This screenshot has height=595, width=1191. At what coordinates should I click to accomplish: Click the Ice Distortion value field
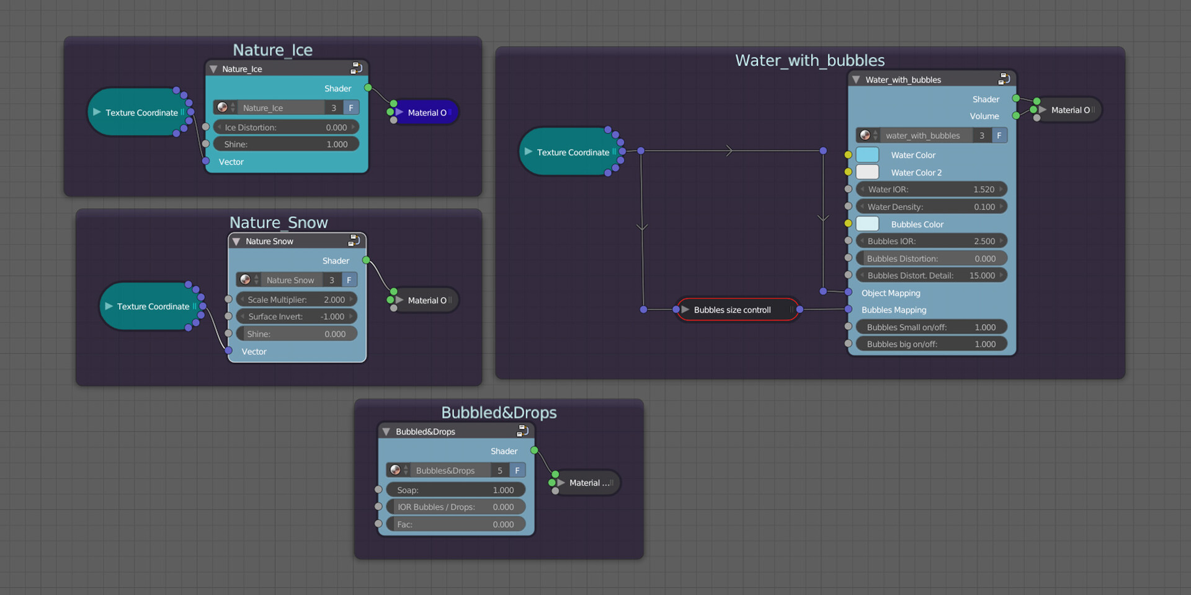pos(285,127)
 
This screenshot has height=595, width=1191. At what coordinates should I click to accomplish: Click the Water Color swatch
pos(867,155)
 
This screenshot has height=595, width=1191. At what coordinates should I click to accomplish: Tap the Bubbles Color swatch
pos(867,224)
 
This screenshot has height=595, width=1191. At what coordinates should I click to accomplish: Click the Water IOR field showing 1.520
pos(930,190)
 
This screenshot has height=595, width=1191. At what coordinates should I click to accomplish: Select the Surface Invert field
pos(297,317)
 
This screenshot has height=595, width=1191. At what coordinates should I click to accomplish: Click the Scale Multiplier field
pos(297,299)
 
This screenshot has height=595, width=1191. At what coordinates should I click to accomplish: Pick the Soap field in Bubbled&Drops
pos(455,490)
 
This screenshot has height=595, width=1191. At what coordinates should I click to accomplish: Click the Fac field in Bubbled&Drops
pos(455,524)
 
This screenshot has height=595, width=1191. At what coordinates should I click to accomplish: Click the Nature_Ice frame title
pos(272,50)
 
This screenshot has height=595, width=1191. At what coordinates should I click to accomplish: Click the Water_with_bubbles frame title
pos(810,61)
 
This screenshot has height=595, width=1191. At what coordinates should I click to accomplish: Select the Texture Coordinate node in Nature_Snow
pos(149,306)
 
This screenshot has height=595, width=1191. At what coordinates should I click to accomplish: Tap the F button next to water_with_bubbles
pos(999,136)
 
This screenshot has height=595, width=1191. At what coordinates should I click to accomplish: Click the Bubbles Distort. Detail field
pos(930,276)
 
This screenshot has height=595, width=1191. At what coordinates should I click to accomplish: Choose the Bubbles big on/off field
pos(930,344)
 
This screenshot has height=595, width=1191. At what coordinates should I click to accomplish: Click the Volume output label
pos(984,117)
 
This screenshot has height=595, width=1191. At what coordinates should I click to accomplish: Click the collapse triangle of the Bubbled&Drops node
pos(386,431)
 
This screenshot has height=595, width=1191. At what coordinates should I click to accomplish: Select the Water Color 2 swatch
pos(867,172)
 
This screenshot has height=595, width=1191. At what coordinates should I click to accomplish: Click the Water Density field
pos(930,207)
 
